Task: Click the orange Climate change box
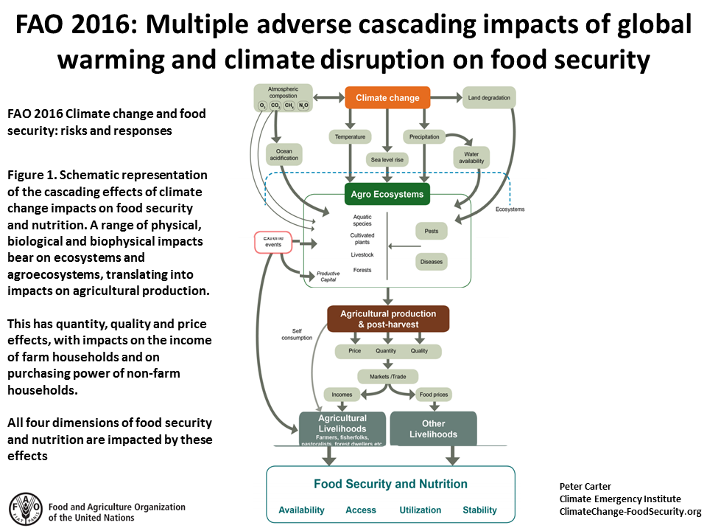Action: coord(387,97)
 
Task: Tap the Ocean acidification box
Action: coord(284,155)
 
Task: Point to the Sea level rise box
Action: coord(387,159)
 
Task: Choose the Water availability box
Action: coord(471,157)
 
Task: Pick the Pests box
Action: coord(432,231)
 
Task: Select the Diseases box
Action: coord(432,262)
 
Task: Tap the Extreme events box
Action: coord(273,243)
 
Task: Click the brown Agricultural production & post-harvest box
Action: coord(388,319)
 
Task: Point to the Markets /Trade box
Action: coord(387,377)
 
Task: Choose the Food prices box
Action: coord(433,395)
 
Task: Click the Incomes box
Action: coord(342,395)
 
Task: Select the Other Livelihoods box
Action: coord(433,428)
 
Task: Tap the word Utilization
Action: coord(420,510)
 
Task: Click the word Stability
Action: coord(479,510)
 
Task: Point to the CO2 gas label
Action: coord(275,106)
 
